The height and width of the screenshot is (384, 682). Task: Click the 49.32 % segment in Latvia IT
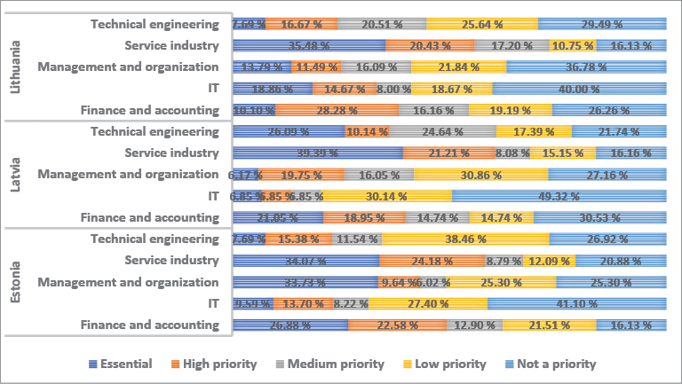pos(559,196)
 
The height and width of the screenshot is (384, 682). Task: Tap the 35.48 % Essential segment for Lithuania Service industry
pos(309,45)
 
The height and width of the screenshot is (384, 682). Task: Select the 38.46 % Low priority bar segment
pos(465,239)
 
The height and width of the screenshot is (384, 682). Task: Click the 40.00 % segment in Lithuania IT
pos(579,89)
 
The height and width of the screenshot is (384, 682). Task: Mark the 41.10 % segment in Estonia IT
pos(576,303)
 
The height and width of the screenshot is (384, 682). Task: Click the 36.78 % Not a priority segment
pos(586,67)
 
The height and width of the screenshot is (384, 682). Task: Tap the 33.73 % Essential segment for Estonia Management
pos(305,282)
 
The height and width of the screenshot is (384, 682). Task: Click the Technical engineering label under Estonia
pos(155,239)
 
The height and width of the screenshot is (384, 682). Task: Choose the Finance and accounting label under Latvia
pos(149,217)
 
